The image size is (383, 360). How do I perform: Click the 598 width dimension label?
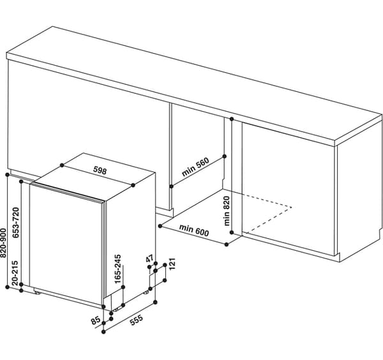click(100, 170)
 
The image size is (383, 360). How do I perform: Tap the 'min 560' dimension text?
click(195, 167)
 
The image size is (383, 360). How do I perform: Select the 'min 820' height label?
click(227, 211)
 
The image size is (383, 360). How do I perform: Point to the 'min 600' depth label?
click(194, 230)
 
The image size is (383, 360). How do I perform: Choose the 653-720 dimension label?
click(16, 222)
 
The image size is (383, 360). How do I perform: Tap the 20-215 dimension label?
click(15, 273)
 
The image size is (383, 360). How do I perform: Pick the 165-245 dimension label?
click(118, 269)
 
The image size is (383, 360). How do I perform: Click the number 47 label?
click(149, 259)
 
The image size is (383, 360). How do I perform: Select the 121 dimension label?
click(172, 264)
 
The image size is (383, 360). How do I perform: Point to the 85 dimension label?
click(96, 320)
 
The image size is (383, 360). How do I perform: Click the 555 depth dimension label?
click(137, 320)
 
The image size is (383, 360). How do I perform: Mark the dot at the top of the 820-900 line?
click(7, 175)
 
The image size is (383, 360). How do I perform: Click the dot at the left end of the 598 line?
click(62, 165)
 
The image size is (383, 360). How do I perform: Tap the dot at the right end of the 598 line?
click(133, 185)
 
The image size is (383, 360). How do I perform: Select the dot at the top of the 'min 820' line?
click(232, 119)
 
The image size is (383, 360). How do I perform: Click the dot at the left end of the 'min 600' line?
click(160, 226)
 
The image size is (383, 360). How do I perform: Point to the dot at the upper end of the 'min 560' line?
click(225, 156)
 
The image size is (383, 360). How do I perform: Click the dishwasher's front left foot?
click(38, 292)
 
